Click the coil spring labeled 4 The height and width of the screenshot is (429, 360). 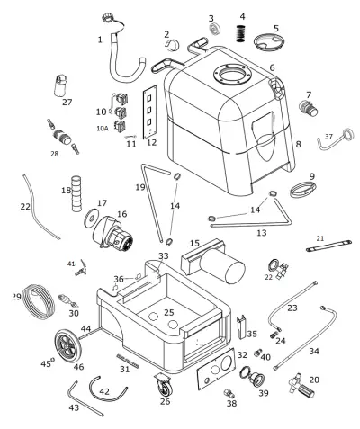(241, 34)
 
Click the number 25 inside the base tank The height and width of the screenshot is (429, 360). (169, 312)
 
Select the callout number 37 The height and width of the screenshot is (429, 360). (329, 137)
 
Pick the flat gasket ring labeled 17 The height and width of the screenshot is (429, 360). (92, 218)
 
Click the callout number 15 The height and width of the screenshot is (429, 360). (193, 242)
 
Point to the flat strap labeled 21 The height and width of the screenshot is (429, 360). (327, 246)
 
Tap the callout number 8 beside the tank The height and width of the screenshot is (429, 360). (299, 144)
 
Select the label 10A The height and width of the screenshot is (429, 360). (102, 129)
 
